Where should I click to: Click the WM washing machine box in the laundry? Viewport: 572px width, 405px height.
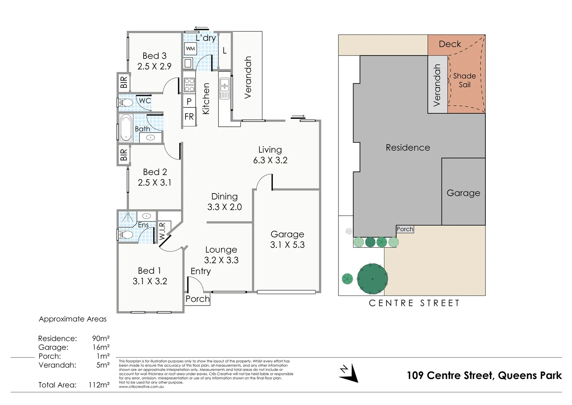pyautogui.click(x=190, y=49)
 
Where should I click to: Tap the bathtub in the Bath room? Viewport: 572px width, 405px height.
pyautogui.click(x=126, y=128)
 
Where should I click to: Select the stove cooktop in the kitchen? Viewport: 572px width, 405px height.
pyautogui.click(x=189, y=85)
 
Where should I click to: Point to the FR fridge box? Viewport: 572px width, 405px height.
pyautogui.click(x=189, y=117)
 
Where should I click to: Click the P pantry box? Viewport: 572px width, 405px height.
pyautogui.click(x=189, y=101)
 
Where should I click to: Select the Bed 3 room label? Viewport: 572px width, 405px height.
pyautogui.click(x=154, y=56)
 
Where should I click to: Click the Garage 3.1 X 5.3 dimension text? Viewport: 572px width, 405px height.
pyautogui.click(x=287, y=245)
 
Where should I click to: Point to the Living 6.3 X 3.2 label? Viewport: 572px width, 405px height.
pyautogui.click(x=270, y=155)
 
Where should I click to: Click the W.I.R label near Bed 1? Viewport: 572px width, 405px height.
pyautogui.click(x=162, y=231)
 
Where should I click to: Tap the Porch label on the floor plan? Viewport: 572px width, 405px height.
pyautogui.click(x=198, y=299)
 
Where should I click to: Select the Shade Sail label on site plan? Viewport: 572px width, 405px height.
pyautogui.click(x=464, y=80)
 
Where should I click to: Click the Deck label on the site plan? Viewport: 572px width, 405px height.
pyautogui.click(x=450, y=44)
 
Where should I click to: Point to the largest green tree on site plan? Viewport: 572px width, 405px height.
pyautogui.click(x=372, y=279)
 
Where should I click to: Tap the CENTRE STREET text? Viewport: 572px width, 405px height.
pyautogui.click(x=414, y=303)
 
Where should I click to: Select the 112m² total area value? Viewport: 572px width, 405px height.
pyautogui.click(x=99, y=385)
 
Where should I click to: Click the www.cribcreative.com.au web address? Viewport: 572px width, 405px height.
pyautogui.click(x=141, y=387)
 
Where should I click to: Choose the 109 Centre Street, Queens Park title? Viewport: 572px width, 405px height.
pyautogui.click(x=484, y=375)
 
